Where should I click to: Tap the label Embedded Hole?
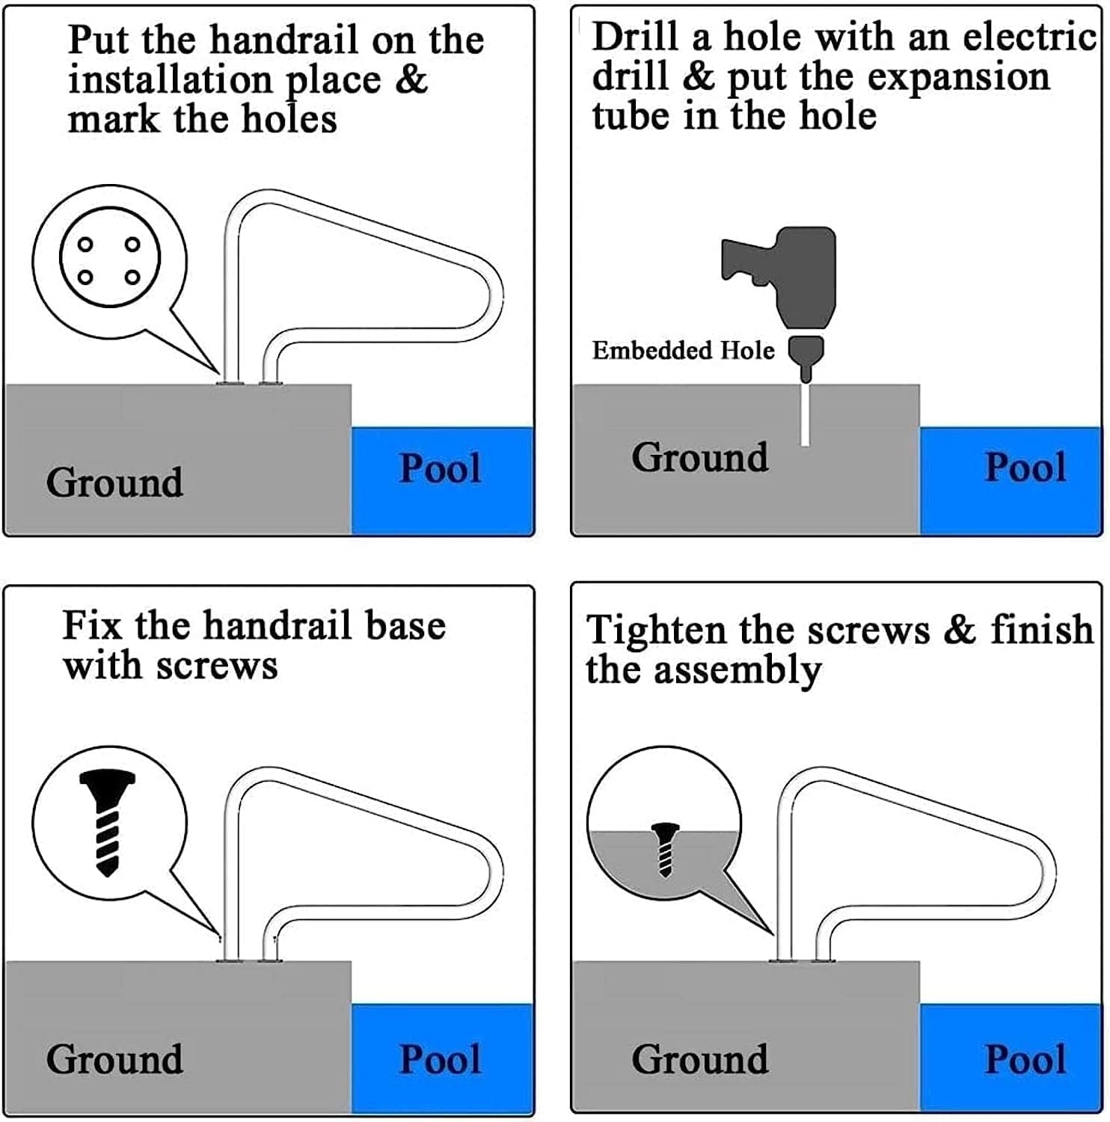[x=683, y=350]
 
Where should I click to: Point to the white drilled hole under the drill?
[x=805, y=415]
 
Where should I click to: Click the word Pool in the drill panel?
[x=1025, y=467]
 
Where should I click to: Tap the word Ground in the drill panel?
[x=699, y=457]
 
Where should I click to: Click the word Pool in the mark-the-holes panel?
[x=440, y=469]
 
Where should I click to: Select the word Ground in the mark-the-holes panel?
[x=114, y=482]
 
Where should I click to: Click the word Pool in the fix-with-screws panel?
[x=440, y=1060]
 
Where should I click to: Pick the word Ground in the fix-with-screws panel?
[x=114, y=1060]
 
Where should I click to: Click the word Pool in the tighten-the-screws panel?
[x=1025, y=1060]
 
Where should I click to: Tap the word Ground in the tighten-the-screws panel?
[x=699, y=1060]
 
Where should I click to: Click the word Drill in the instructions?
[x=635, y=37]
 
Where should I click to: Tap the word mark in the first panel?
[x=113, y=120]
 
